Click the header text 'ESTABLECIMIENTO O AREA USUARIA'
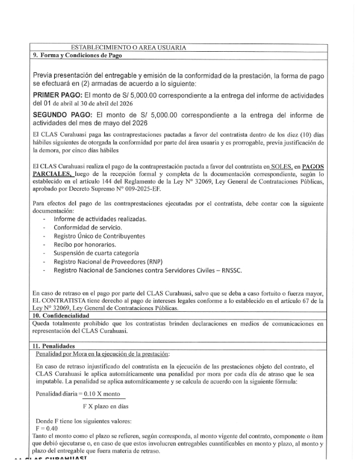pos(128,47)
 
